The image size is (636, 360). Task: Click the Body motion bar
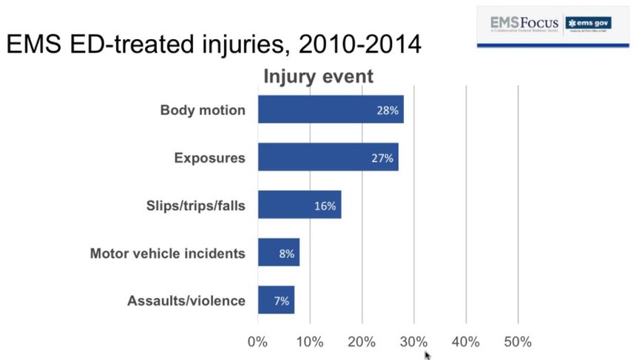pyautogui.click(x=330, y=109)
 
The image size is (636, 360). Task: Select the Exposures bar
pyautogui.click(x=328, y=157)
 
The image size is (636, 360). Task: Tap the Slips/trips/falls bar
pyautogui.click(x=299, y=205)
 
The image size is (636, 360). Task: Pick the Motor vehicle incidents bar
pyautogui.click(x=278, y=253)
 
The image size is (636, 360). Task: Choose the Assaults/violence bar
pyautogui.click(x=276, y=300)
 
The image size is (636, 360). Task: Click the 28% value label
pyautogui.click(x=388, y=110)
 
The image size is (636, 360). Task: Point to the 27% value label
pyautogui.click(x=382, y=157)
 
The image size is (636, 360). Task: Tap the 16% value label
pyautogui.click(x=325, y=206)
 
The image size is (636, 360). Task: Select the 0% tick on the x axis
pyautogui.click(x=257, y=342)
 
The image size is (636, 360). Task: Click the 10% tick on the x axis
pyautogui.click(x=310, y=342)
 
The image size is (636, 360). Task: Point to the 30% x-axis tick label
pyautogui.click(x=413, y=342)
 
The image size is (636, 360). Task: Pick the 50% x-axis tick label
pyautogui.click(x=518, y=342)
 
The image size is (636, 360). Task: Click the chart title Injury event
pyautogui.click(x=319, y=76)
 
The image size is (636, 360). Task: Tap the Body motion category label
pyautogui.click(x=202, y=110)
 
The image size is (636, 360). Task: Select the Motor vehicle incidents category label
pyautogui.click(x=167, y=254)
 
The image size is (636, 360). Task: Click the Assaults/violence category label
pyautogui.click(x=186, y=301)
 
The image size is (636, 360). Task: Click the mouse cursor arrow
pyautogui.click(x=427, y=355)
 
